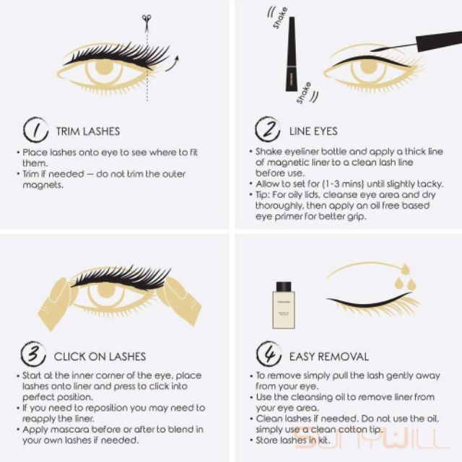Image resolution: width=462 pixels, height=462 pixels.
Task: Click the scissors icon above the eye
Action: coord(147,22)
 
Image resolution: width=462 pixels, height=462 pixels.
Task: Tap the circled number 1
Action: coord(35,130)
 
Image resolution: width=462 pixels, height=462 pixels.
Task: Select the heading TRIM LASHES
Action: coord(88,131)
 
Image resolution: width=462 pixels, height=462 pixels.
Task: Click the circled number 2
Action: coord(268,129)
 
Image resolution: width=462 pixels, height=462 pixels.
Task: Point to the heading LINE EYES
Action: coord(313,131)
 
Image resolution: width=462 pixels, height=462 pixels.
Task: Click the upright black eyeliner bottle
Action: coord(291,54)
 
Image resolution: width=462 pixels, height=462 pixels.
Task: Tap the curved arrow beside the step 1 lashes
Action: coord(173,64)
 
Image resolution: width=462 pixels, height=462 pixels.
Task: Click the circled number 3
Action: coord(33,354)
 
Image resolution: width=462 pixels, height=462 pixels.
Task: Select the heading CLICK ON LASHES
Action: coord(100,357)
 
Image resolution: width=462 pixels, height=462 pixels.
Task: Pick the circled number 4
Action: coord(269,354)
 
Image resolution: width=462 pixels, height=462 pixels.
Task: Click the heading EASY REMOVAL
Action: coord(329,357)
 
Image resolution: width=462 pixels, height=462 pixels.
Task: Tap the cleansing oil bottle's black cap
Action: coord(284,286)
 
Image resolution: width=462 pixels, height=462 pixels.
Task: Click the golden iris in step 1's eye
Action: coord(104,67)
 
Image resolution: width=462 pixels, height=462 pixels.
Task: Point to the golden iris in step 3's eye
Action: coord(105,289)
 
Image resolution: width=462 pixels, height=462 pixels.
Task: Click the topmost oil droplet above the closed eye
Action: coord(406,269)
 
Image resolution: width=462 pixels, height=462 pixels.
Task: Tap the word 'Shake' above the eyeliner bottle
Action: coord(280,17)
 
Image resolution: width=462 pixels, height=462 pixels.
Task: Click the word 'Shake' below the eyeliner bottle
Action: coord(304,93)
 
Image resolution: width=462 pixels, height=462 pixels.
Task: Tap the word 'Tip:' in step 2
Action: coord(263,195)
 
